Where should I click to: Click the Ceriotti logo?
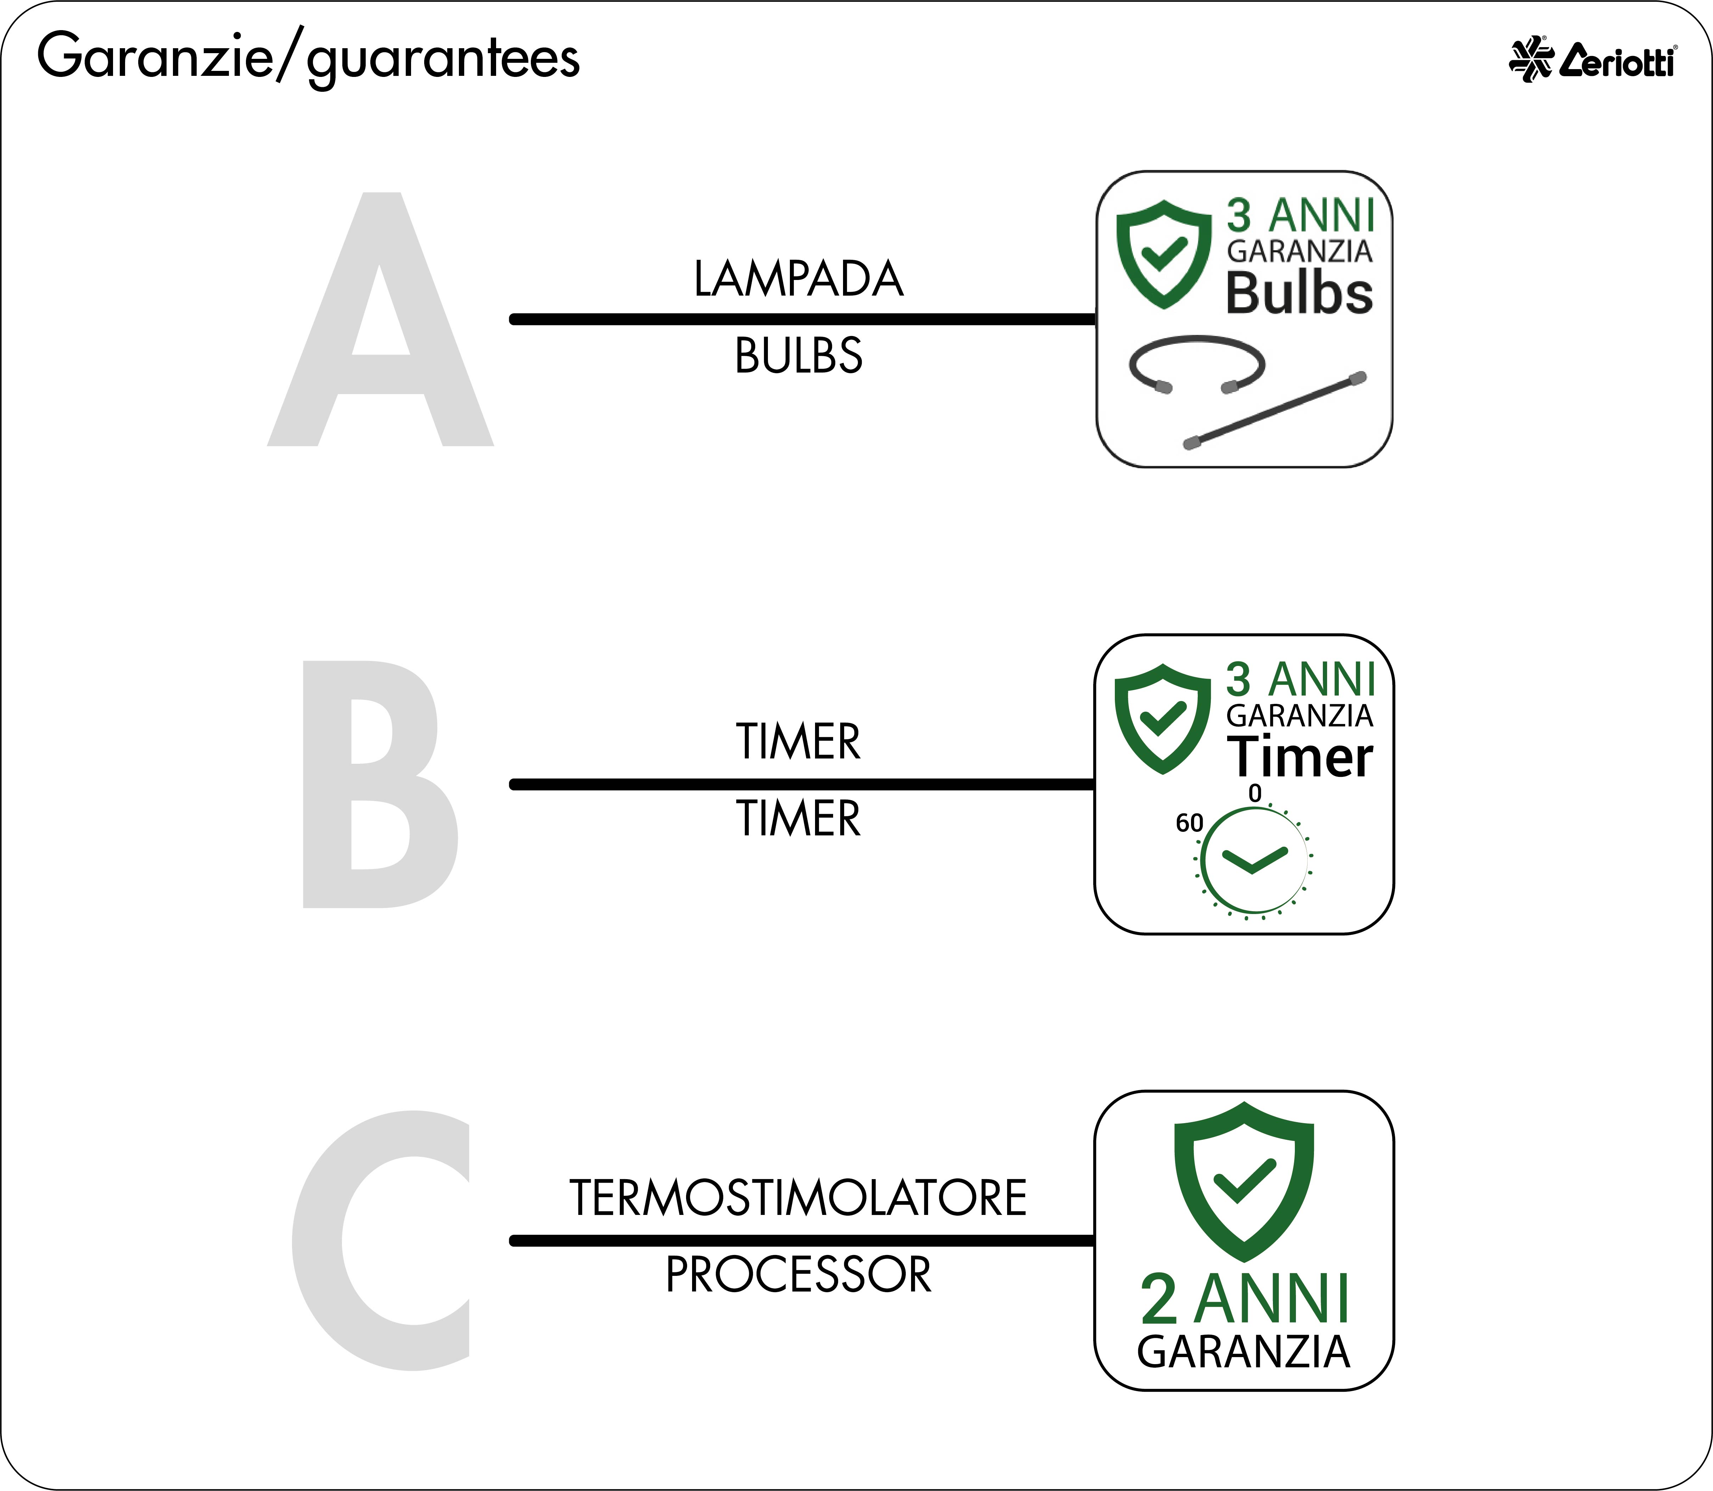1593,59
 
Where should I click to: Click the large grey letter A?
380,320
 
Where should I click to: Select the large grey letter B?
380,784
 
